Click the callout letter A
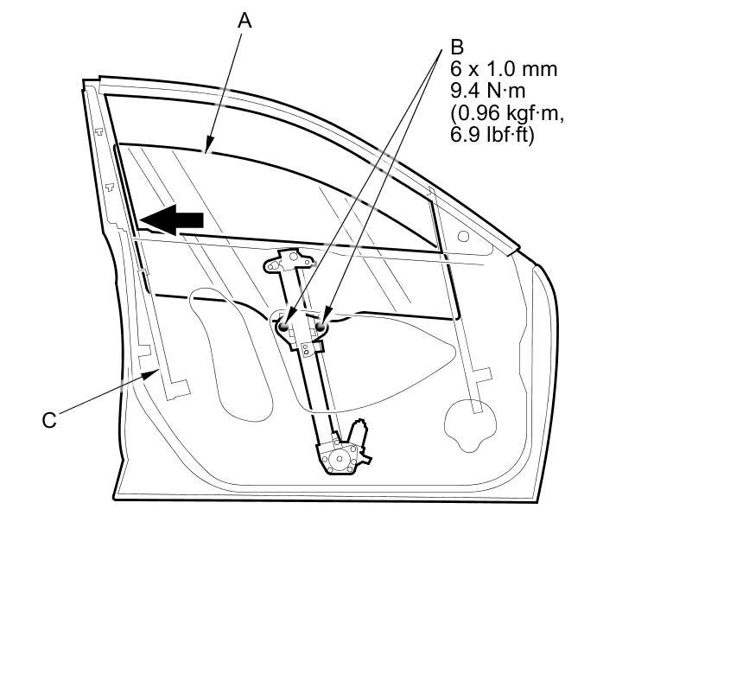(244, 21)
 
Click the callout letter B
(457, 47)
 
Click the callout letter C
(49, 420)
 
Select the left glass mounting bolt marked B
(284, 326)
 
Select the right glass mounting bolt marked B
(321, 326)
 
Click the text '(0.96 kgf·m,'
(500, 112)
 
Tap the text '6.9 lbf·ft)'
(492, 135)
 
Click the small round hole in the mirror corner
(463, 235)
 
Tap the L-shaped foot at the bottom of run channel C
(180, 389)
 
